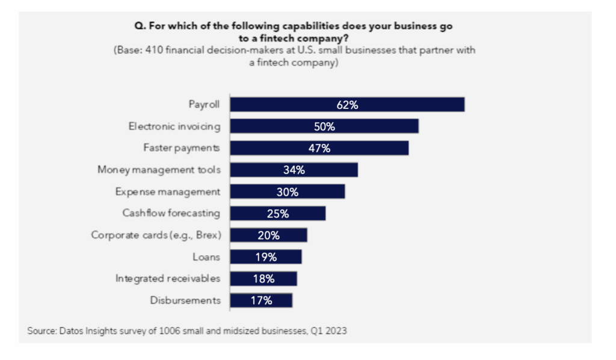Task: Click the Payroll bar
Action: coord(348,105)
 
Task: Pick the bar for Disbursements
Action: coord(262,300)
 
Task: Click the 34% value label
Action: coord(294,170)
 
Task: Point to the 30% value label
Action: coord(288,191)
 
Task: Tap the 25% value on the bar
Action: coord(278,213)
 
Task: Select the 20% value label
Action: coord(268,235)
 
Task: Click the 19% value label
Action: coord(266,256)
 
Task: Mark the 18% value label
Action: coord(263,278)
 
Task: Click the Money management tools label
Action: coord(159,170)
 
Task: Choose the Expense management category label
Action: coord(168,191)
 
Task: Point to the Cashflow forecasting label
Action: coord(171,213)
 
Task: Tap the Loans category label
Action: coord(206,256)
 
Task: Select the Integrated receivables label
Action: coord(168,278)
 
